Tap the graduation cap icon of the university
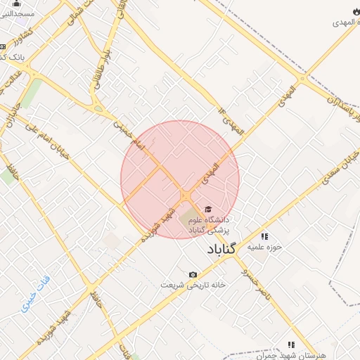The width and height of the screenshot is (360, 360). (207, 209)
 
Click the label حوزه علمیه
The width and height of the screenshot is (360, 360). (269, 247)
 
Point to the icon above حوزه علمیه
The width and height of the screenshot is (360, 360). (264, 236)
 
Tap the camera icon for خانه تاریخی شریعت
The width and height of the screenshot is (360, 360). (193, 274)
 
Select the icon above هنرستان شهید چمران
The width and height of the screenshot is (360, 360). (290, 345)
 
